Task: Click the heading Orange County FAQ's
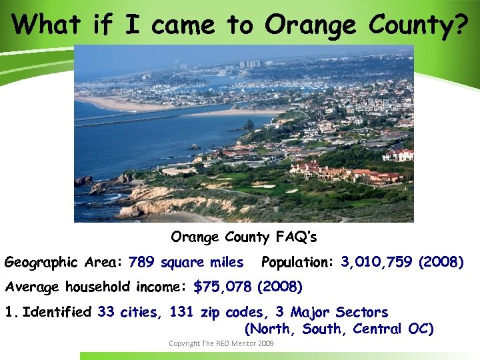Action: click(244, 237)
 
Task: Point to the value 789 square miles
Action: click(186, 262)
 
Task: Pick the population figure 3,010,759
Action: click(376, 262)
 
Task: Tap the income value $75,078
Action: click(222, 287)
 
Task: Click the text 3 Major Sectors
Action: click(331, 312)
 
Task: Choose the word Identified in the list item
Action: click(57, 312)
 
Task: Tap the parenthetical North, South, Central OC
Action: click(339, 329)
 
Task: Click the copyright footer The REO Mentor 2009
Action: click(221, 343)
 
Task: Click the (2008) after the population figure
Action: click(441, 262)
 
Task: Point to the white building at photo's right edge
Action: click(399, 155)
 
